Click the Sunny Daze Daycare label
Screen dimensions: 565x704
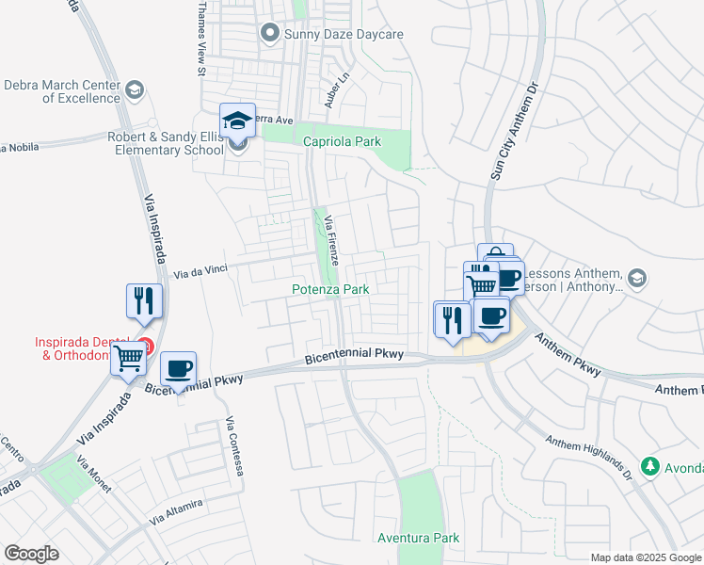(x=344, y=34)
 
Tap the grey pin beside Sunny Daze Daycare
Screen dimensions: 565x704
(x=270, y=34)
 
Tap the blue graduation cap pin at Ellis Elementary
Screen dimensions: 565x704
(x=237, y=121)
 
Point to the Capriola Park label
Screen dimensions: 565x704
(x=342, y=142)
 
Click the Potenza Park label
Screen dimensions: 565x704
(x=330, y=290)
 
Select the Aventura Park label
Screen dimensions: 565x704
(x=418, y=538)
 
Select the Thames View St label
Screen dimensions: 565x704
(x=201, y=38)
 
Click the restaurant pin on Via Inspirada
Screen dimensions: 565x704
(x=144, y=301)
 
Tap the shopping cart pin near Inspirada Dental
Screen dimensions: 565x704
(x=129, y=358)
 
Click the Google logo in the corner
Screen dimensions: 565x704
(x=31, y=554)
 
